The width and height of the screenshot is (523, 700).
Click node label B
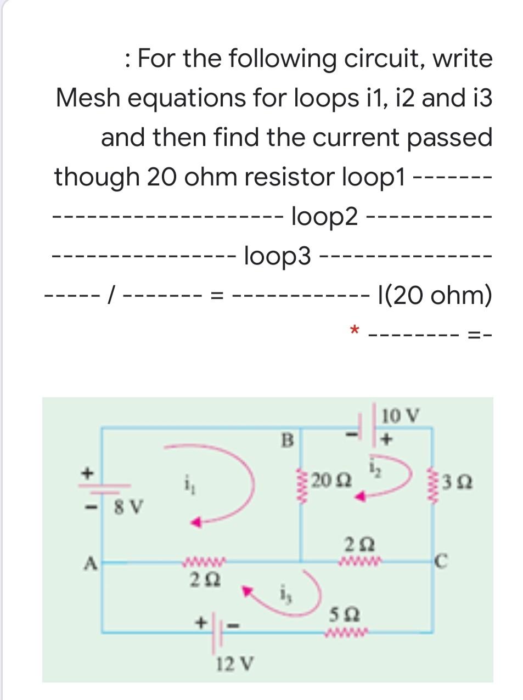[287, 439]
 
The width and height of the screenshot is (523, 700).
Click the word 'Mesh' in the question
[91, 98]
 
